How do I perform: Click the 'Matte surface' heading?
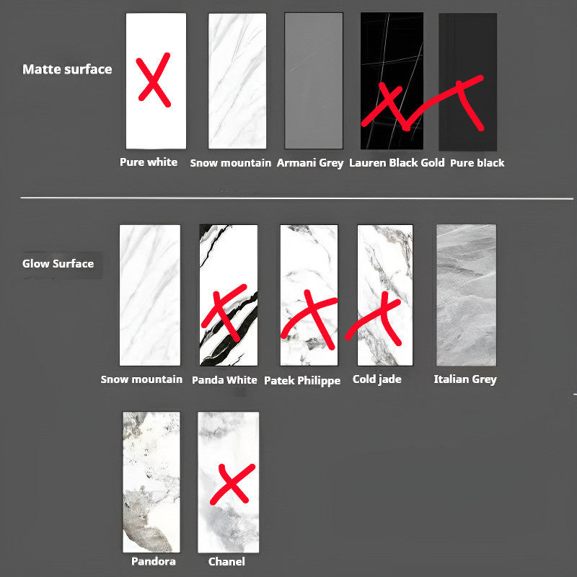coord(67,69)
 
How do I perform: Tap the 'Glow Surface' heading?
coord(58,263)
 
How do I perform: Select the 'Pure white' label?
coord(149,162)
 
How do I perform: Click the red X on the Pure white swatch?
coord(154,79)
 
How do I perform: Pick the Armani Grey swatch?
coord(314,81)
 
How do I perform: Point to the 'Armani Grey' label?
coord(310,163)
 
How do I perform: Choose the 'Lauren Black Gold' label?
coord(397,163)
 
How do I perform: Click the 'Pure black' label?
coord(477,163)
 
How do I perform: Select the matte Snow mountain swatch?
coord(237,81)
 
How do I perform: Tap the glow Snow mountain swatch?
coord(150,295)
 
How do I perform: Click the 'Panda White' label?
coord(224,380)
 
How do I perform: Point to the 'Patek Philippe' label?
coord(302,381)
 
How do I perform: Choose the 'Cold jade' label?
coord(376,379)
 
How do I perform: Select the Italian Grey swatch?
coord(466,295)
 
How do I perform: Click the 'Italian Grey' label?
coord(465,379)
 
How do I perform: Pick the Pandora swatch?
coord(151,482)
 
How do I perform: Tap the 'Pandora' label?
coord(154,561)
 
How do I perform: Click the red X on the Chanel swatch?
coord(232,483)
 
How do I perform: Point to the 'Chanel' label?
coord(226,562)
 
